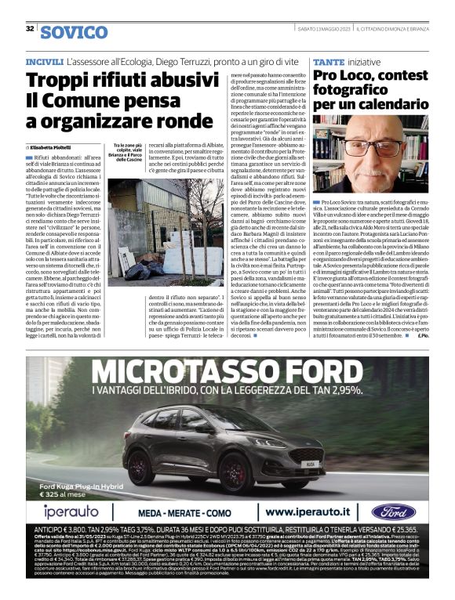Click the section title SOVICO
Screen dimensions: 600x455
[74, 32]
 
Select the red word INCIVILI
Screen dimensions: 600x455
[44, 60]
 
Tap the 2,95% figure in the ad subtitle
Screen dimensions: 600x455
[346, 389]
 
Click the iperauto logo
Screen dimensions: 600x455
[69, 511]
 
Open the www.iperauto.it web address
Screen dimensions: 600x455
[314, 511]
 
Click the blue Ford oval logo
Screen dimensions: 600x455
[393, 511]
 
